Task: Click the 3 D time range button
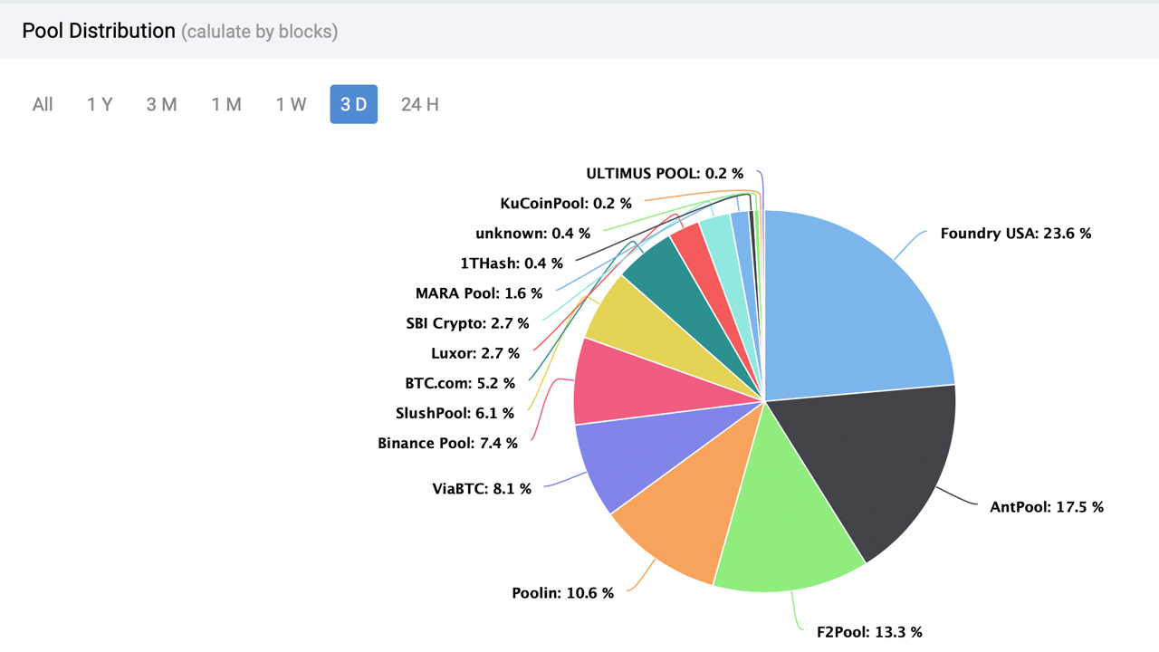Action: click(353, 104)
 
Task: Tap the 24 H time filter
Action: click(419, 104)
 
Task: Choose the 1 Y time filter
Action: click(100, 104)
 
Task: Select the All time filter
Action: click(43, 104)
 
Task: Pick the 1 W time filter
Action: click(291, 104)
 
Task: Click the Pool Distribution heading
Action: click(99, 31)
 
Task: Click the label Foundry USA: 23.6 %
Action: click(1015, 234)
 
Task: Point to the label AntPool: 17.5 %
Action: click(1047, 507)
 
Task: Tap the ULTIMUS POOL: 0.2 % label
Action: click(665, 174)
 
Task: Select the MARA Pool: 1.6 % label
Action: click(479, 293)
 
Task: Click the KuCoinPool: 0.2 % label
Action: click(566, 204)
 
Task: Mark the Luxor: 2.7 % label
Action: click(475, 353)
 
